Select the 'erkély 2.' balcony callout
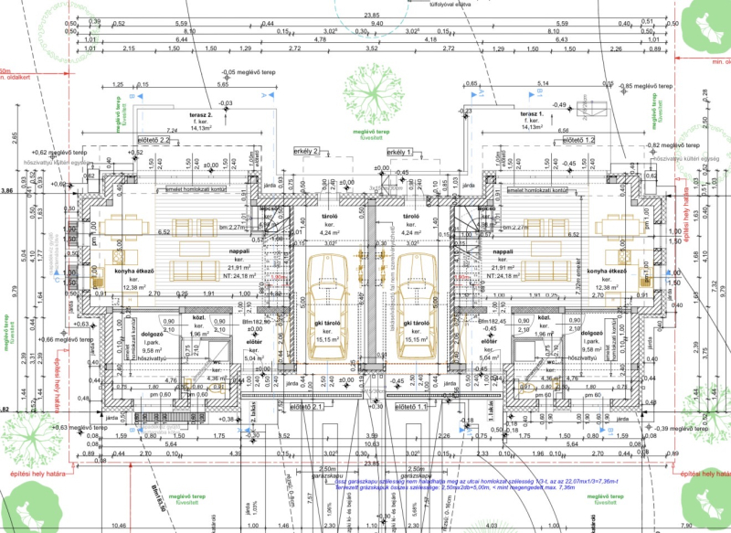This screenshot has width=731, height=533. pos(306,150)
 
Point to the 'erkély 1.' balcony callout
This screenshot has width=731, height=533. pos(399,151)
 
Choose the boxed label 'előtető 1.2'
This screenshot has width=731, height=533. pos(578,140)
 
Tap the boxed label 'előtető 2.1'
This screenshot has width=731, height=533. pos(308,407)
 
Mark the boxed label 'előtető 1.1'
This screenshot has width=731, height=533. pos(402,407)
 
